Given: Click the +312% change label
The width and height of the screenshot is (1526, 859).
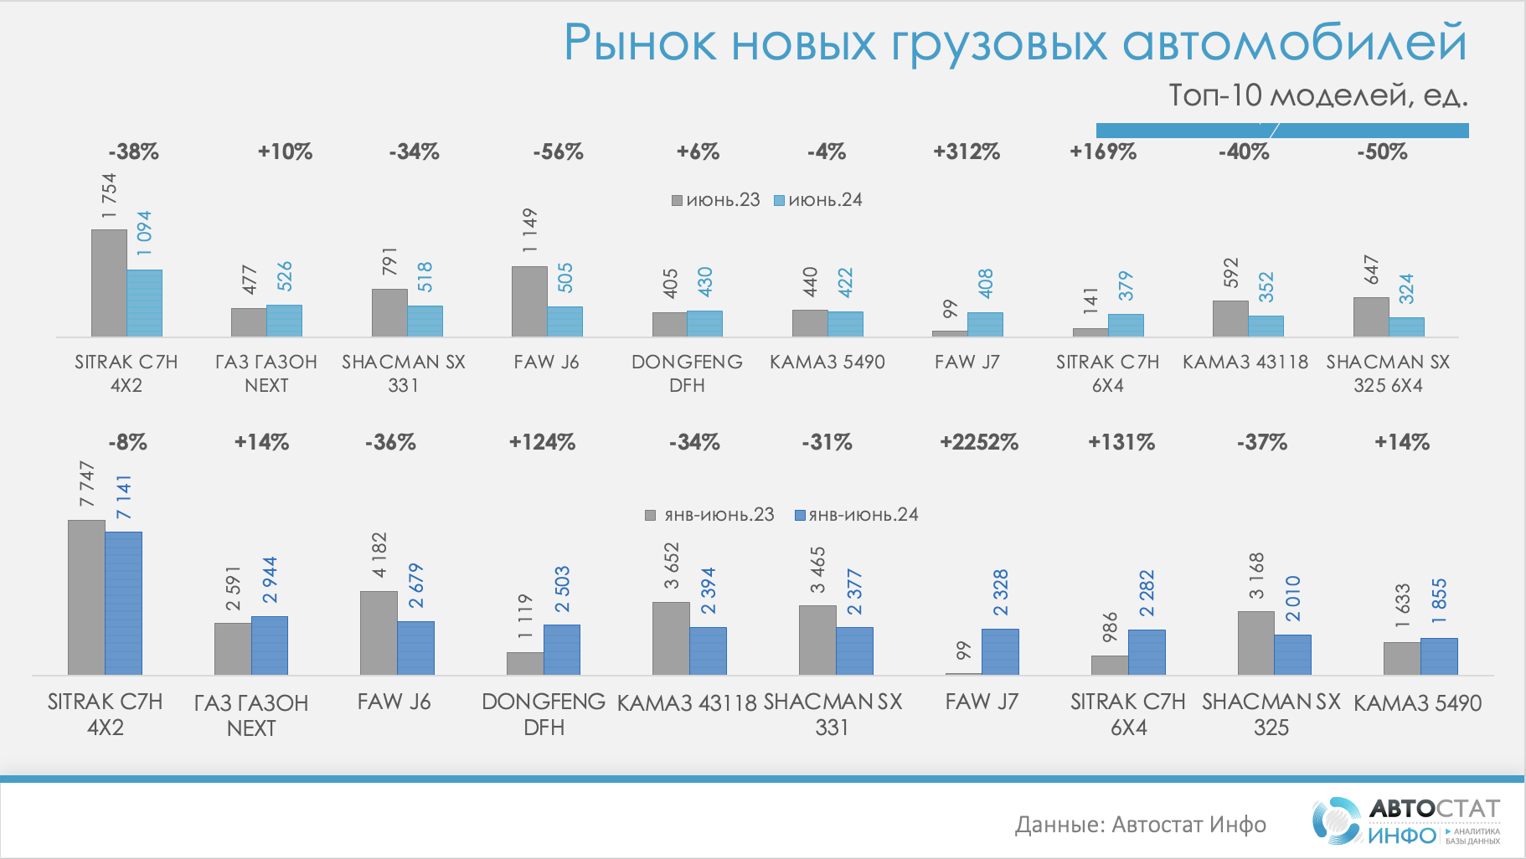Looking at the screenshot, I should (967, 152).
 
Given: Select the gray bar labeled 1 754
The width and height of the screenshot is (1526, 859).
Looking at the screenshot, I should (109, 283).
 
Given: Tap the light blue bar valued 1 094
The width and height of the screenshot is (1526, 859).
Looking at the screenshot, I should (145, 303).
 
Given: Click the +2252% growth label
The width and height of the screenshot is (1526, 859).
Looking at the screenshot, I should (978, 442).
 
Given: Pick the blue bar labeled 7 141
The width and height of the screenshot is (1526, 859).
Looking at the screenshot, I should (123, 603).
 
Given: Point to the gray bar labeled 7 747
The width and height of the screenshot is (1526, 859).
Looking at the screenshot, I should (86, 597).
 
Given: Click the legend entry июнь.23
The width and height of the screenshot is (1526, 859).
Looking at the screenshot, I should (716, 200).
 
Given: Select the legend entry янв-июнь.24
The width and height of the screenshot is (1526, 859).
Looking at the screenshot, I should (856, 514).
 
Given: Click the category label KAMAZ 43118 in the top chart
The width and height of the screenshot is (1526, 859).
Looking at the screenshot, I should (1245, 362).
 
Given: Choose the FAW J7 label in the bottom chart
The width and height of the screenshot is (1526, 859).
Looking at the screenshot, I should (982, 702).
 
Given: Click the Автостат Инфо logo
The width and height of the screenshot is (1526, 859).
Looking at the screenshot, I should (1406, 820).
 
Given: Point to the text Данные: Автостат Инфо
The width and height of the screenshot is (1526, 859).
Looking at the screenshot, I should (1140, 825).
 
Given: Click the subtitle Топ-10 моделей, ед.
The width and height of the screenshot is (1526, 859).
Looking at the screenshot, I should (1317, 95).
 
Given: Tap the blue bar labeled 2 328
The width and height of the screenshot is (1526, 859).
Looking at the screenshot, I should (1000, 651).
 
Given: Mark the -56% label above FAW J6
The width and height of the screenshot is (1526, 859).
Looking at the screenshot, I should (558, 152).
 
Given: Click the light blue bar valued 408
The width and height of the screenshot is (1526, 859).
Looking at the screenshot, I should (985, 324).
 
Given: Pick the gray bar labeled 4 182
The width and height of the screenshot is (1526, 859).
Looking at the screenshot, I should (379, 633).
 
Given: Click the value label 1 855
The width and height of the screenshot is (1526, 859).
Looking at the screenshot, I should (1439, 600).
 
